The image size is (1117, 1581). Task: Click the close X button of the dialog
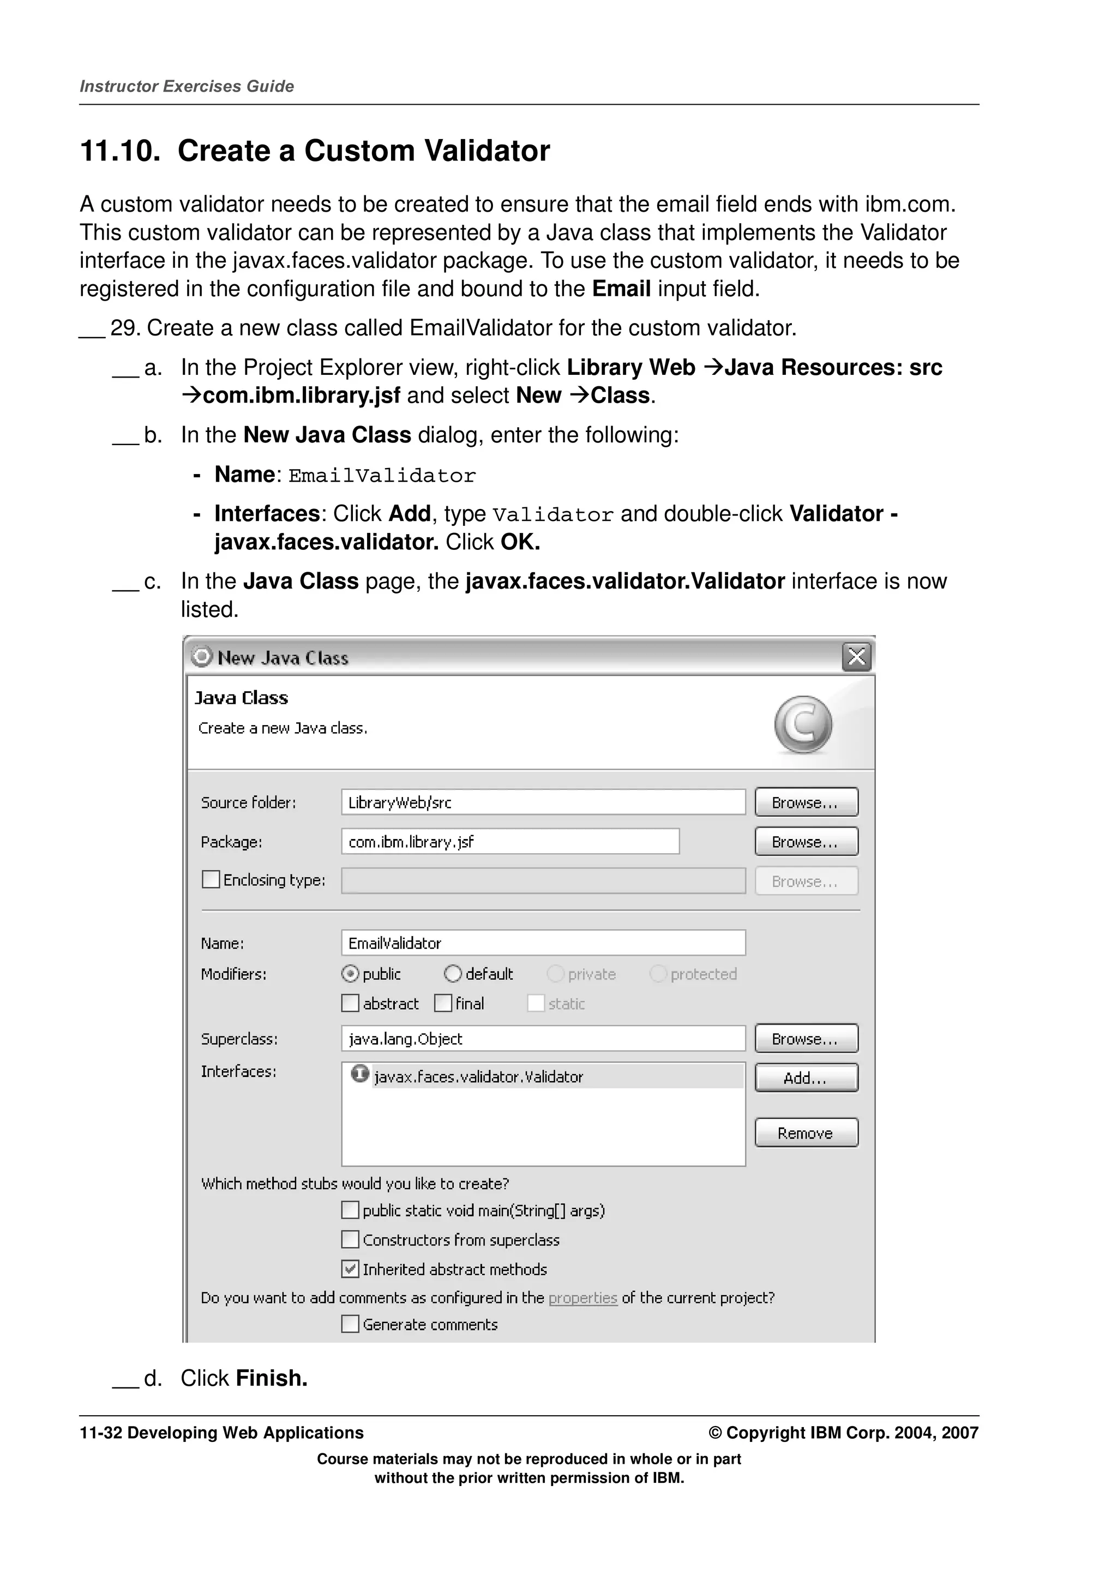coord(856,657)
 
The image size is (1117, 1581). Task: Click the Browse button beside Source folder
coord(806,802)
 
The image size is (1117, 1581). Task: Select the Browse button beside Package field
coord(806,841)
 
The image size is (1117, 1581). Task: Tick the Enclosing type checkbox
coord(211,879)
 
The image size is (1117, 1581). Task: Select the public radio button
coord(350,974)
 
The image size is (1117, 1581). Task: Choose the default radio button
coord(453,974)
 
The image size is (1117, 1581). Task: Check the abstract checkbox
coord(350,1003)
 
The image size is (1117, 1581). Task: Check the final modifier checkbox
coord(443,1003)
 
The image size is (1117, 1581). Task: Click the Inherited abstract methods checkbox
coord(350,1268)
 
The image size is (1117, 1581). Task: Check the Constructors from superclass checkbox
coord(350,1239)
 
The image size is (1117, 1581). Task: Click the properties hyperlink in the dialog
coord(582,1298)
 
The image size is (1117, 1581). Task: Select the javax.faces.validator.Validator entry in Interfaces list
coord(478,1077)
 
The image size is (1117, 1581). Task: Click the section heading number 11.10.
coord(119,151)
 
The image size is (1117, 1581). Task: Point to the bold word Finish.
coord(271,1378)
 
